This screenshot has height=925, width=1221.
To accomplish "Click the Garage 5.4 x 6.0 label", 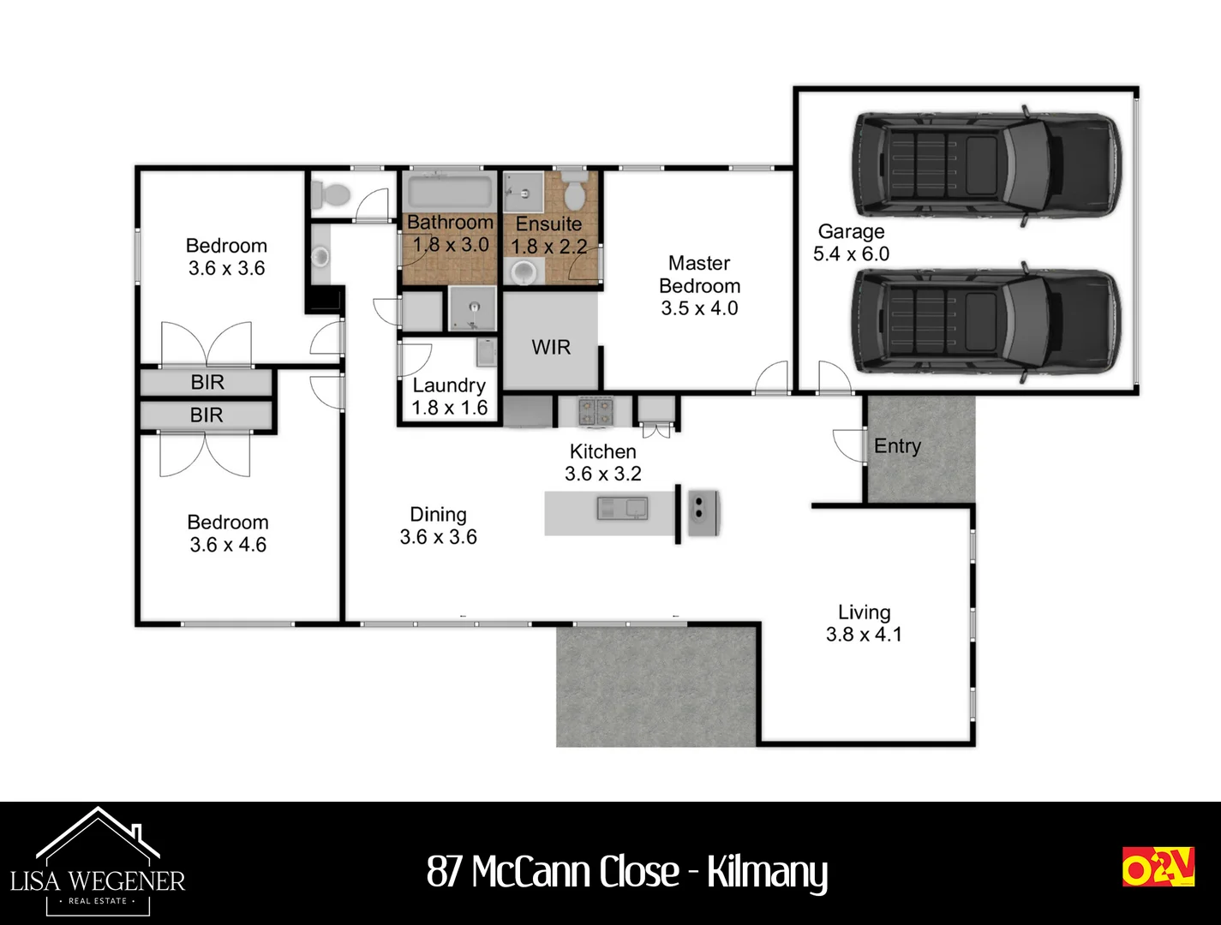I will coord(851,242).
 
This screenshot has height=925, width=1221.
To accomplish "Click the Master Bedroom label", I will coord(699,285).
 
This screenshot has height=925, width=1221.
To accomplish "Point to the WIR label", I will coord(550,347).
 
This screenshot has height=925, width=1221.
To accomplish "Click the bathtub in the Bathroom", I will coord(449,192).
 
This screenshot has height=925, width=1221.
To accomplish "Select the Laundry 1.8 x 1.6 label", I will coord(449,397).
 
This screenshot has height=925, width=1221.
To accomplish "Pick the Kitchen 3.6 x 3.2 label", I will coord(603,462).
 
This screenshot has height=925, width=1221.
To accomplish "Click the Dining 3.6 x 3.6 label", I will coord(438,526).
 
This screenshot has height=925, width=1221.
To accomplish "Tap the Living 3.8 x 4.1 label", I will coord(864,624).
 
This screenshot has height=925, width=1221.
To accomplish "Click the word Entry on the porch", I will coord(897,446).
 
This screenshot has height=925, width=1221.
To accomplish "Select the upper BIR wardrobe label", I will coord(207,383).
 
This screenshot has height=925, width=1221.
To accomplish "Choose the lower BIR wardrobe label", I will coord(206,415).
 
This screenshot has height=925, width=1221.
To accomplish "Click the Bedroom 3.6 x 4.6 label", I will coord(228,534).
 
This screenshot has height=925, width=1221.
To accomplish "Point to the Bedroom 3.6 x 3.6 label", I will coord(227,257).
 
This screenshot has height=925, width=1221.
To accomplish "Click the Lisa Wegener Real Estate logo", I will coord(98,861).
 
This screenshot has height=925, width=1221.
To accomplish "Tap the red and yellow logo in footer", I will coord(1158,867).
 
